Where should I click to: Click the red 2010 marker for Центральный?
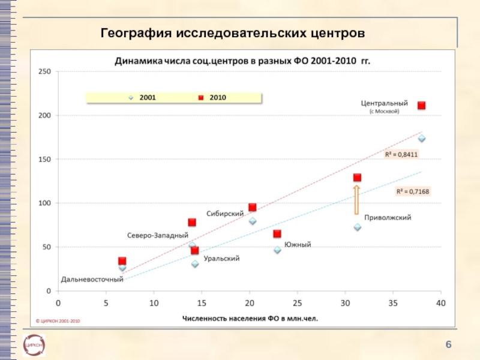coord(421,106)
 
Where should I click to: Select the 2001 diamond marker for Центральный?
coord(421,139)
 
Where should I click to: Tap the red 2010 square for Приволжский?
coord(357,178)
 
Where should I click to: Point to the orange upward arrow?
coord(355,199)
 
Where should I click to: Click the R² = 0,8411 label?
coord(401,154)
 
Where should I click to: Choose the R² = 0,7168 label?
coord(412,191)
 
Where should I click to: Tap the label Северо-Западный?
coord(158,235)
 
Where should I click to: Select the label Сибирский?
coord(225,214)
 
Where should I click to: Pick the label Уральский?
coord(221,259)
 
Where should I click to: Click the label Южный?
coord(298,245)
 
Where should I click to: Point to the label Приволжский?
coord(388,218)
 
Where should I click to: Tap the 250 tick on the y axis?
coord(44,71)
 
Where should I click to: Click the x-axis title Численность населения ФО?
coord(250,319)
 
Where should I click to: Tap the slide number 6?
coord(448,343)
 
